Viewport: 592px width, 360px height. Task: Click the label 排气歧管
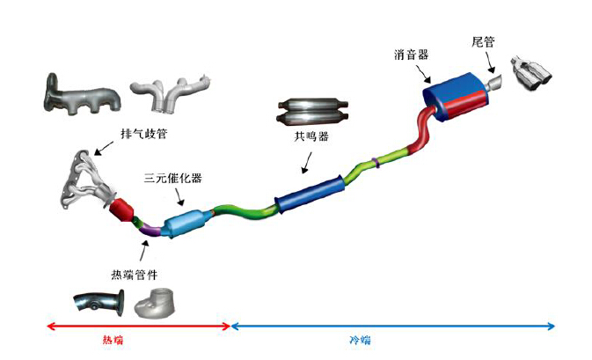tap(143, 134)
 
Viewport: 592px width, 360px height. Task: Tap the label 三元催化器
tap(173, 178)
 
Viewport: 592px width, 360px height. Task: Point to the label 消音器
tap(411, 54)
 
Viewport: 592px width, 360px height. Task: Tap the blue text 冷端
tap(354, 340)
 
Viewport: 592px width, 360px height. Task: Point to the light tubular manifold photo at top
tap(172, 92)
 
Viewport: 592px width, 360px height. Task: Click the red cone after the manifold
tap(122, 211)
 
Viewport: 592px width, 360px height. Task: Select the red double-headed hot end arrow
tap(136, 327)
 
